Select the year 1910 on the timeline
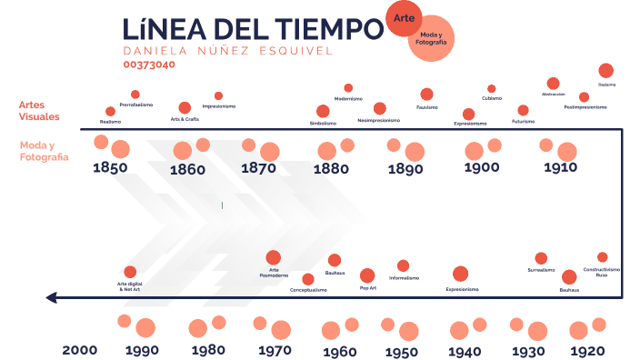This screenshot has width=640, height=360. pos(561,167)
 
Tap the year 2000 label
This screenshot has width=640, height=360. pos(79,350)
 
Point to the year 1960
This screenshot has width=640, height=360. pos(339,352)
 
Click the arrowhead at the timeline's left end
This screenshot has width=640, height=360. pos(53,297)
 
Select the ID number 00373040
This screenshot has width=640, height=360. pos(150,65)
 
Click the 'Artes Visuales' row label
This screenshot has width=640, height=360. pos(39,111)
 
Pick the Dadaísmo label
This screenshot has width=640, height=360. pos(606,85)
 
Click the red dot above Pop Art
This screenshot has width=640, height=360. pos(367,275)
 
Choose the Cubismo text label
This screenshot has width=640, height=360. pos(492,98)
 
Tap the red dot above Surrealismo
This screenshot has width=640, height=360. pos(541,258)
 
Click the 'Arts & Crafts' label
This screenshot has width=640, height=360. pos(185,119)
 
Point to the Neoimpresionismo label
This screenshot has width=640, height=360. pos(380,120)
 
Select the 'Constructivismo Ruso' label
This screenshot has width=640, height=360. pos(602,272)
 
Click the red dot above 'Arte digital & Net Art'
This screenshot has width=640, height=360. pos(130,272)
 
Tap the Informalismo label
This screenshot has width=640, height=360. pos(405,277)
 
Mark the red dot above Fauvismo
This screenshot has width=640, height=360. pos(426,94)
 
